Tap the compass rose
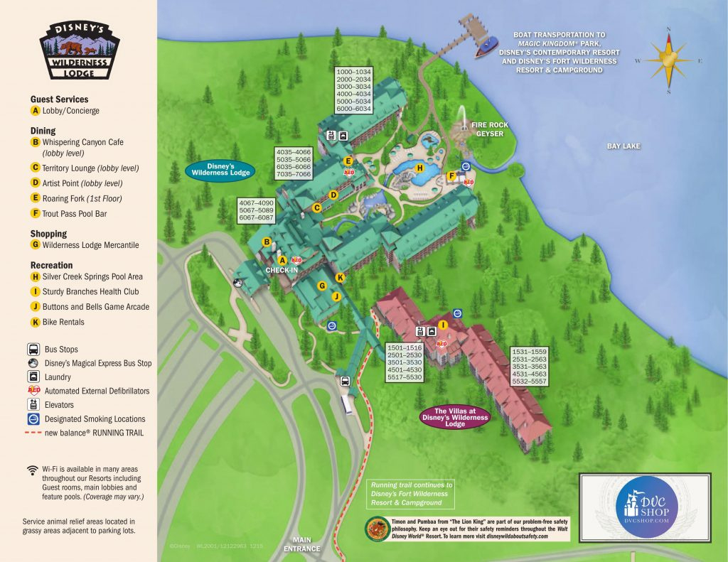[668, 62]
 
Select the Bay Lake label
[623, 146]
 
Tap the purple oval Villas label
[454, 418]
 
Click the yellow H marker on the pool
[419, 168]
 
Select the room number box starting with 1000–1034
[353, 90]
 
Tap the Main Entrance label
[302, 544]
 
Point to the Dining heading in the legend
[43, 131]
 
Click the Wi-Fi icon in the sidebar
[32, 470]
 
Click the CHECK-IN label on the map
[282, 271]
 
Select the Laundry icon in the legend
[34, 377]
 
